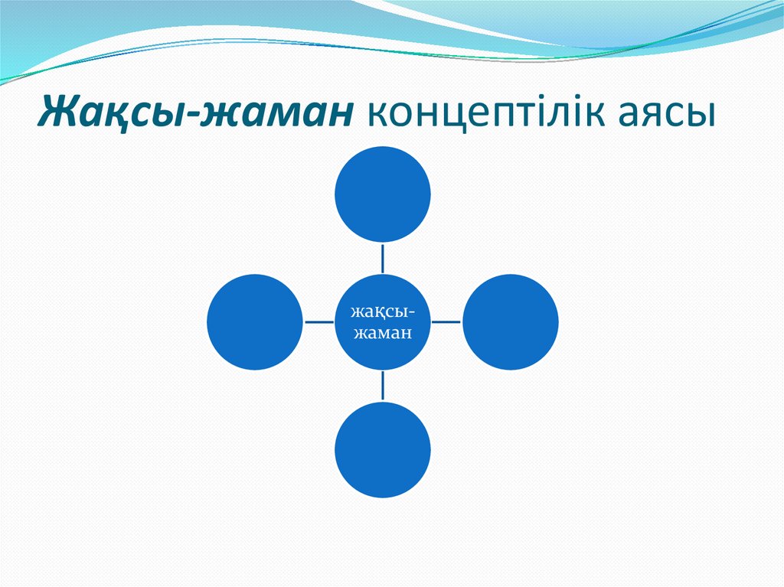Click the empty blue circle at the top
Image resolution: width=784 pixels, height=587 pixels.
(x=383, y=194)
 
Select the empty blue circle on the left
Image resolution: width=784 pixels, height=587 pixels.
(x=255, y=321)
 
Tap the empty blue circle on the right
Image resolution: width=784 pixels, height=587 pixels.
(x=511, y=321)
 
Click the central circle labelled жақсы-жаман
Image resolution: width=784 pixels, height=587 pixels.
(x=383, y=321)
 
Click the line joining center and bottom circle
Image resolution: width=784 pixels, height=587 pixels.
(x=383, y=386)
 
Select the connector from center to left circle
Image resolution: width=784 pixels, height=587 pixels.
(x=318, y=321)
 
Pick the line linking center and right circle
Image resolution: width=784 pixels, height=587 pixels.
(x=446, y=321)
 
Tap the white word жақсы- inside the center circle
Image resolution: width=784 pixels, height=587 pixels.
(x=383, y=312)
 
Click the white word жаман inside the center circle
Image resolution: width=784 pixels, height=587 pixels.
(x=383, y=333)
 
